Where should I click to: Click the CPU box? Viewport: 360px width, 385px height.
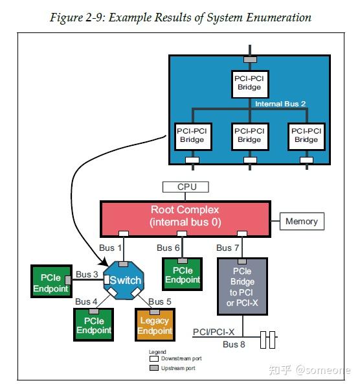click(x=186, y=187)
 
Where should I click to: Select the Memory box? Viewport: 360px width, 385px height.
click(x=302, y=221)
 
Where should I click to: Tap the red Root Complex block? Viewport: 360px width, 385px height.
click(x=185, y=219)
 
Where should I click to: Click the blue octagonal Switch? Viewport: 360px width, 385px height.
click(x=124, y=281)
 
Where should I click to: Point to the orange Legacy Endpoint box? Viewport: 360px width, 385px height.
click(x=155, y=325)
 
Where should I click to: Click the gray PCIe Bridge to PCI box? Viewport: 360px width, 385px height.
click(x=242, y=286)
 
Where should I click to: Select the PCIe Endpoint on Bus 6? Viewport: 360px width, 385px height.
click(x=182, y=274)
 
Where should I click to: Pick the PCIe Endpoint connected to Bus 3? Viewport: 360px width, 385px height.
click(x=51, y=281)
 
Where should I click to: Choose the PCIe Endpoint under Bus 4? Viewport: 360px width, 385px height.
click(x=93, y=325)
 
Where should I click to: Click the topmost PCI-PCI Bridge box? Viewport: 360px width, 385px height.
click(x=250, y=84)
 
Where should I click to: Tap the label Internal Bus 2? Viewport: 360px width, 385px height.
click(x=280, y=104)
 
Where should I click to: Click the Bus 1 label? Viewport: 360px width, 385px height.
click(x=110, y=248)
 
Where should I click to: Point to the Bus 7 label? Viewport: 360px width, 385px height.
click(x=227, y=248)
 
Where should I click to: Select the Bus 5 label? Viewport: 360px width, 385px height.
click(x=160, y=301)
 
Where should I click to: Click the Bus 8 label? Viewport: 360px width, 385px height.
click(x=234, y=344)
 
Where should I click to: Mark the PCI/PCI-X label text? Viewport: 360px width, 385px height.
click(x=214, y=332)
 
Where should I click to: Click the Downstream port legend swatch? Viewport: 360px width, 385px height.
click(x=154, y=358)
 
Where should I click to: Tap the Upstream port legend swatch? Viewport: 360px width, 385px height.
click(x=154, y=367)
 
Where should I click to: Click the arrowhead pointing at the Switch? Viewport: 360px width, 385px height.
click(x=104, y=262)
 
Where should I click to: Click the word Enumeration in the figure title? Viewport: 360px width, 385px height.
click(x=279, y=17)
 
